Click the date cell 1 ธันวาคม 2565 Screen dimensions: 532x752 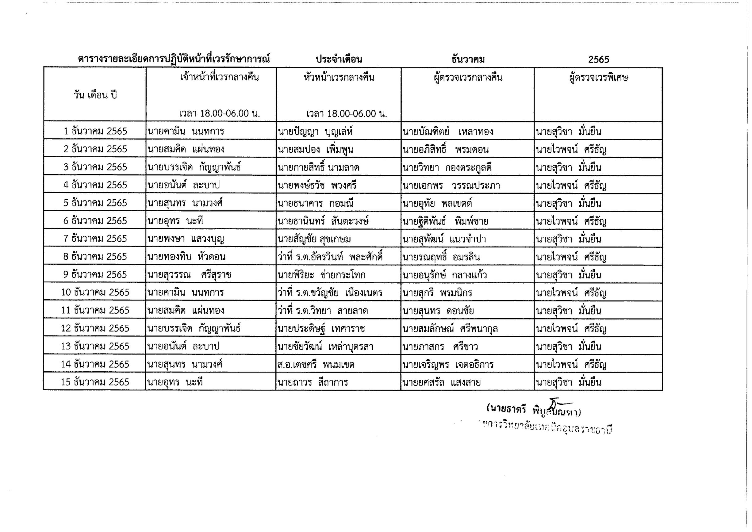[x=95, y=131]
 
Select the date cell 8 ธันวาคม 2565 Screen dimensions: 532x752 [x=95, y=256]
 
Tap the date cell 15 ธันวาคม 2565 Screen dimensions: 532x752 [x=95, y=382]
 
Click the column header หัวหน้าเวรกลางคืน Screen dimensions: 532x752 [x=339, y=78]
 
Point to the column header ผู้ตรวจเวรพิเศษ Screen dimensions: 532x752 [x=598, y=78]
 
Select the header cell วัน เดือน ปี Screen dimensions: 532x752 [x=95, y=95]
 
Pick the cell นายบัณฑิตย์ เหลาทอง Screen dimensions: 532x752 [x=448, y=132]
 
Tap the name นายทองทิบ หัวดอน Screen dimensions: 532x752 [x=186, y=257]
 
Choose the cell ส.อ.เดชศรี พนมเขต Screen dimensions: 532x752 [x=316, y=365]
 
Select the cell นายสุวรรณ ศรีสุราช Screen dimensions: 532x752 [x=189, y=275]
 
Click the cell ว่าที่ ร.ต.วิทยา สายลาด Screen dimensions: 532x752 [x=323, y=310]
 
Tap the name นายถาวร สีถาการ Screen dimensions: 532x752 [x=312, y=382]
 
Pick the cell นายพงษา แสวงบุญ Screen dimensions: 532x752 [x=186, y=239]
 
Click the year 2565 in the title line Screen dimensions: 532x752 [x=598, y=59]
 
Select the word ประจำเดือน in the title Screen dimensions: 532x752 [x=339, y=59]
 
